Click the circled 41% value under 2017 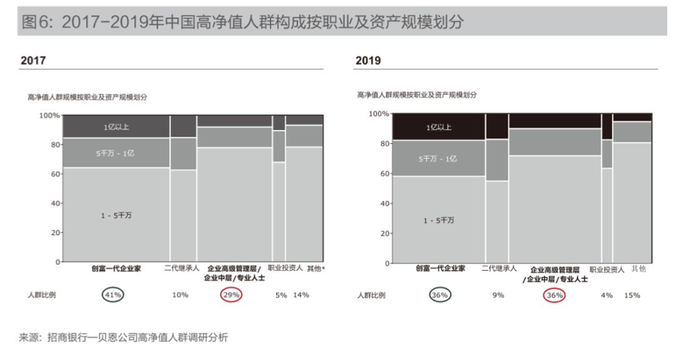click(x=113, y=294)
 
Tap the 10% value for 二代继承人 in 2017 click(x=180, y=294)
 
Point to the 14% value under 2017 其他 click(x=301, y=294)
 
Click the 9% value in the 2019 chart click(x=498, y=295)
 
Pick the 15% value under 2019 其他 click(x=632, y=295)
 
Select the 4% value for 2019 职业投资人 click(x=607, y=295)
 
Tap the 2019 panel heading click(x=368, y=61)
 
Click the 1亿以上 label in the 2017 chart click(x=116, y=127)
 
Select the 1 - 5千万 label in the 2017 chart click(x=116, y=216)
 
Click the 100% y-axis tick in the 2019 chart click(x=378, y=114)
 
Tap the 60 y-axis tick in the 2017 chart click(x=51, y=174)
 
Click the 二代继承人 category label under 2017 click(x=182, y=268)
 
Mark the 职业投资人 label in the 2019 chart click(x=606, y=268)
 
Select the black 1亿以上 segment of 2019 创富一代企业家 click(x=439, y=127)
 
